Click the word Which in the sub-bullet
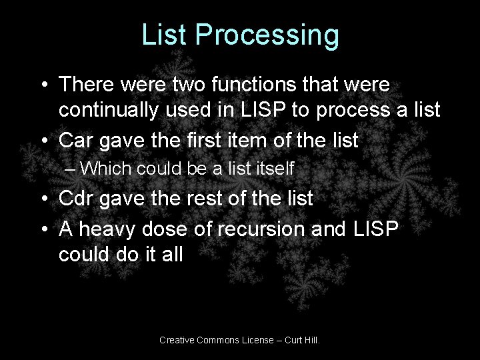(x=106, y=169)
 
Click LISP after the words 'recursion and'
(x=373, y=229)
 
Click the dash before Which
(x=71, y=169)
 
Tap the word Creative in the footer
(x=177, y=340)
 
